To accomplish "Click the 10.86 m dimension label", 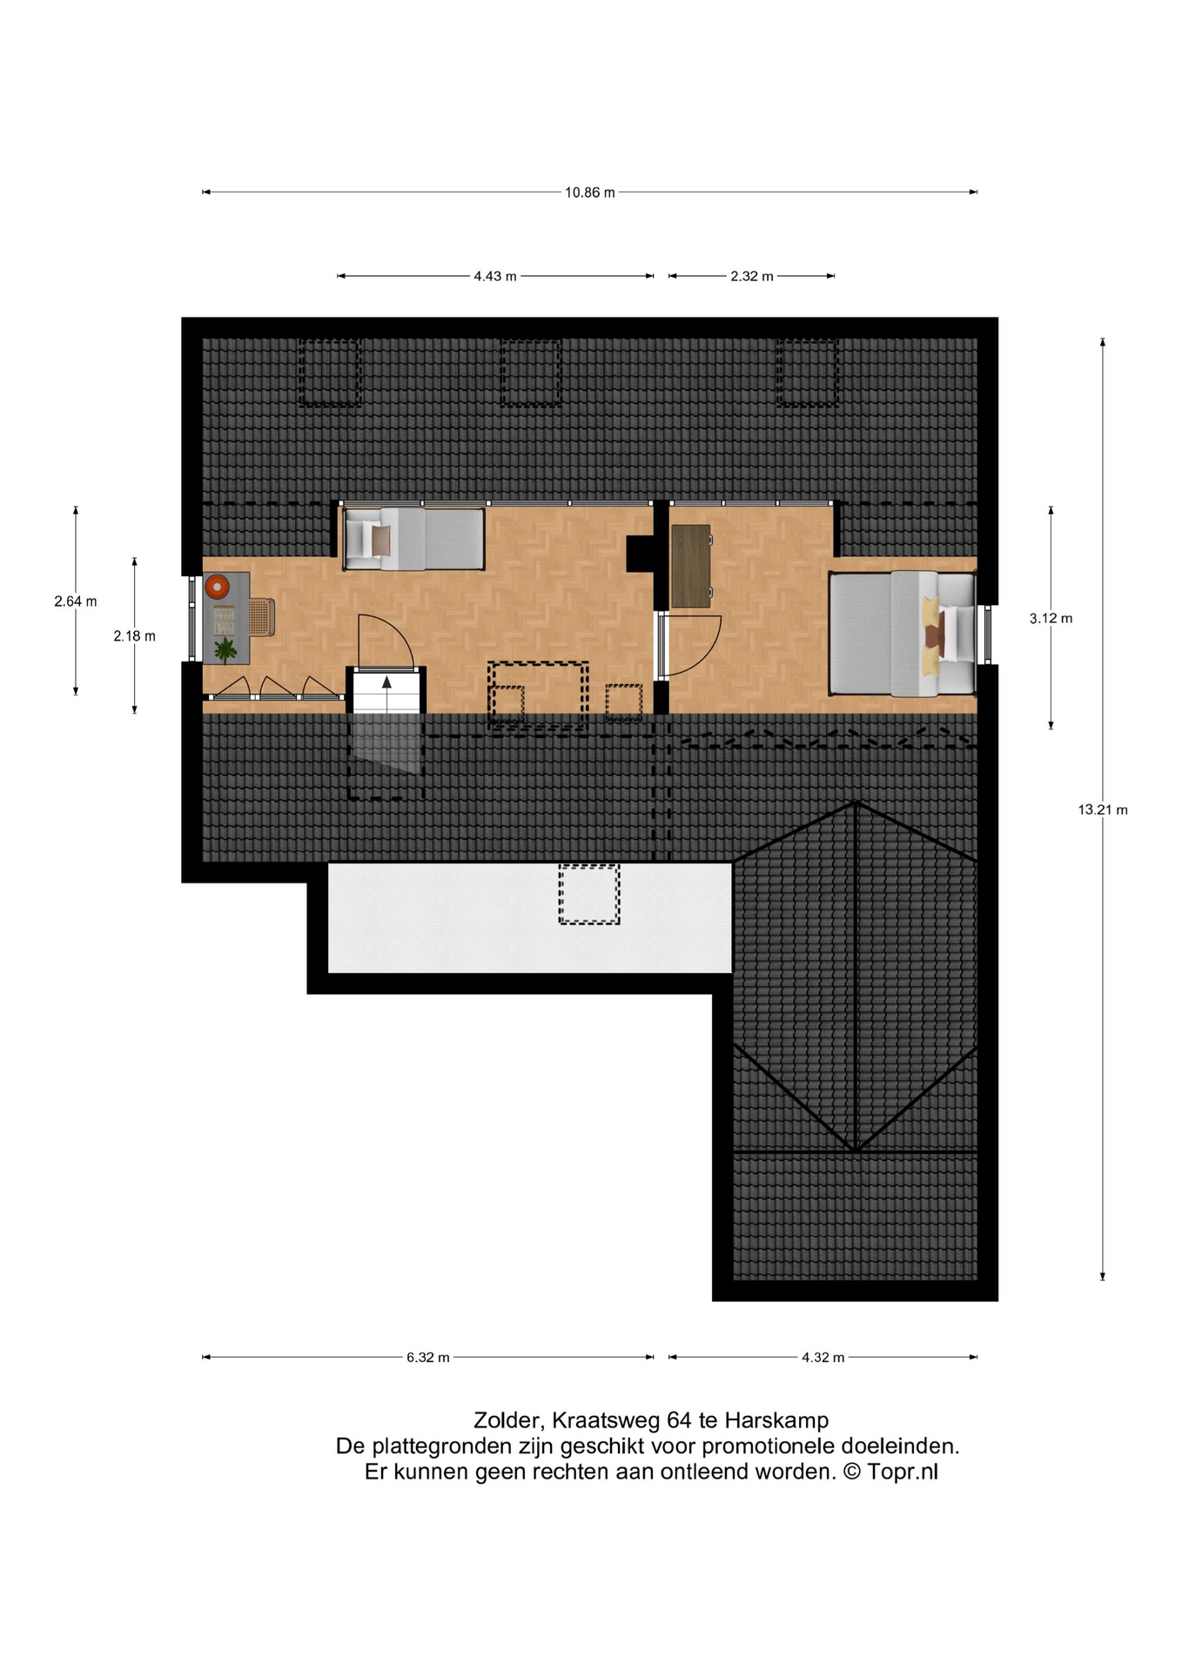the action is click(589, 193).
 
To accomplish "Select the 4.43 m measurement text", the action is click(494, 277).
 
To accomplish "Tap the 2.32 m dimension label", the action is click(751, 277).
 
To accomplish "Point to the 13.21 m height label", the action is click(1103, 810).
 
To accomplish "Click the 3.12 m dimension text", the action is click(1051, 619).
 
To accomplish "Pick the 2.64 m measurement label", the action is click(76, 601).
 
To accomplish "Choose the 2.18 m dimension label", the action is click(135, 636).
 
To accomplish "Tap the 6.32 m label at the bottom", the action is click(428, 1358).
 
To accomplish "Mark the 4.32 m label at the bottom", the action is click(823, 1358).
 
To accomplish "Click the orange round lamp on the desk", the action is click(217, 587).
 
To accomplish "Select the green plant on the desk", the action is click(225, 649).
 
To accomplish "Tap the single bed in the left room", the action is click(413, 539).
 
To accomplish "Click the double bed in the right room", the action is click(902, 633).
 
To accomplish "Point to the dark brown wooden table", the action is click(691, 566).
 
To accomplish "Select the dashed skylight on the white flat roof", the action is click(589, 894).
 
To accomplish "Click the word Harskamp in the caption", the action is click(776, 1420).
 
